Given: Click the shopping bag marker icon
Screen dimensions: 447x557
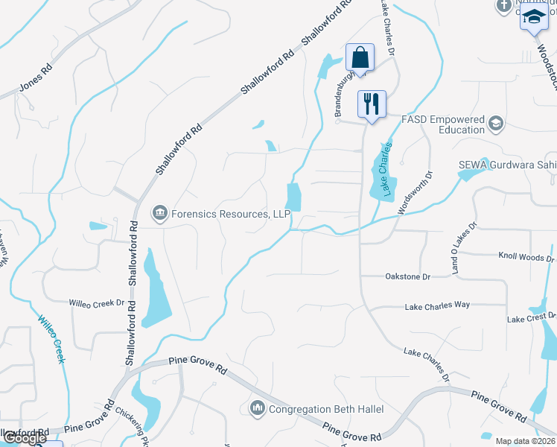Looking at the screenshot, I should (x=360, y=57).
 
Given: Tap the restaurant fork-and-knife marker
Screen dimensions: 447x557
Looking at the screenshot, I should (x=372, y=102).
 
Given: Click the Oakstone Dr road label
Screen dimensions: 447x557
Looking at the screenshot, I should (x=407, y=276).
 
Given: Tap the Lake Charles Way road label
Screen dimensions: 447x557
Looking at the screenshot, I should (x=437, y=305).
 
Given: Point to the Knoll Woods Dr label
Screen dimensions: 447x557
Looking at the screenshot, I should (x=526, y=257).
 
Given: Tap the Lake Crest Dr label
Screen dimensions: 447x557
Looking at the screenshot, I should (x=526, y=319).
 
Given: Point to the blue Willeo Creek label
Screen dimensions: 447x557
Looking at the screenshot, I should (x=51, y=339).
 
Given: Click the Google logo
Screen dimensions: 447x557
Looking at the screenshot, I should (x=24, y=438).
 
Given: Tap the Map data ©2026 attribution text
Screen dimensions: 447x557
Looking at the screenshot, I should (x=525, y=441).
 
